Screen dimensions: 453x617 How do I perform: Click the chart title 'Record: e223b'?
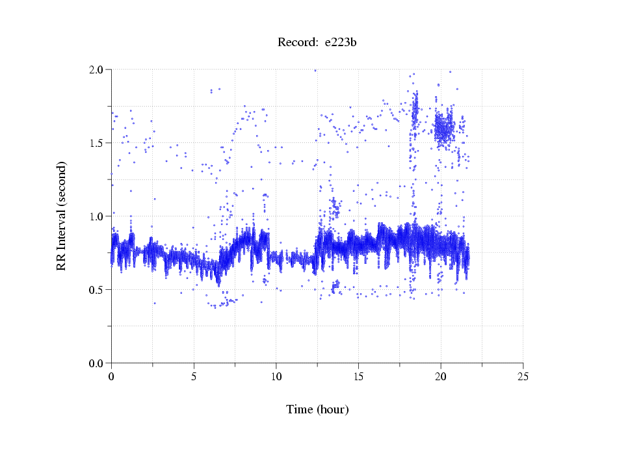pos(317,43)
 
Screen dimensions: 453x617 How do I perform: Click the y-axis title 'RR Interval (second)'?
pos(62,215)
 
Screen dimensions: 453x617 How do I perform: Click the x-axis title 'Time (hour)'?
pos(317,409)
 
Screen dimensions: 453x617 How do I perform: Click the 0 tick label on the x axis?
pos(111,376)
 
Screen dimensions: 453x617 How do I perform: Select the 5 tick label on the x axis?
pos(194,376)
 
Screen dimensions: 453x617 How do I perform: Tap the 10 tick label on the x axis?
pos(276,376)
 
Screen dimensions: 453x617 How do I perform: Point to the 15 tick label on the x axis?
pos(358,376)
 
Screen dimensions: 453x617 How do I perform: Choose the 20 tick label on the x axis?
pos(441,376)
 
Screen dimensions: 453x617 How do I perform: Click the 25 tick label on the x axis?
pos(523,376)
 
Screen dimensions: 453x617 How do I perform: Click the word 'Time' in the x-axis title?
pos(299,409)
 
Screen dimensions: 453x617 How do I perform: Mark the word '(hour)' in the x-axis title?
pos(333,409)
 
